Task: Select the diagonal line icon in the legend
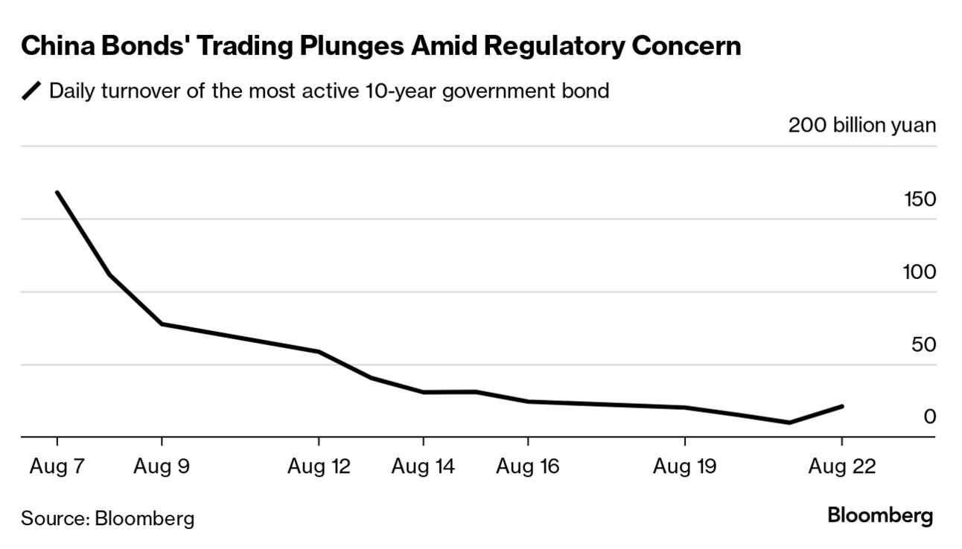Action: pos(32,91)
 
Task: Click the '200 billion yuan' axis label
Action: pos(861,125)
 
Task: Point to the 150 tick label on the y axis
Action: pos(919,199)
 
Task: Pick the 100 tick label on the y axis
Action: pos(919,272)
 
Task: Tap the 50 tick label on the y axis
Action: pos(923,345)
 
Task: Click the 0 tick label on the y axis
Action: pos(929,417)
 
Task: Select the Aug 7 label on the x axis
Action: pos(57,467)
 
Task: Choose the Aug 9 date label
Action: pos(162,467)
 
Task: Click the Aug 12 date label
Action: pos(319,467)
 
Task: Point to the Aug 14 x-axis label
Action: pos(423,467)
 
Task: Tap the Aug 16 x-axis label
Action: pos(528,467)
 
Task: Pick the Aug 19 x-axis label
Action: pos(684,467)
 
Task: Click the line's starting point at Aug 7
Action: pos(57,193)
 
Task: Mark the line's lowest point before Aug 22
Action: pos(789,423)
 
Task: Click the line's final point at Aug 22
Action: pos(841,406)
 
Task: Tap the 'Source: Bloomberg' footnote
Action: pos(107,518)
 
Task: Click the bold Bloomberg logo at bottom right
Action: pos(880,515)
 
